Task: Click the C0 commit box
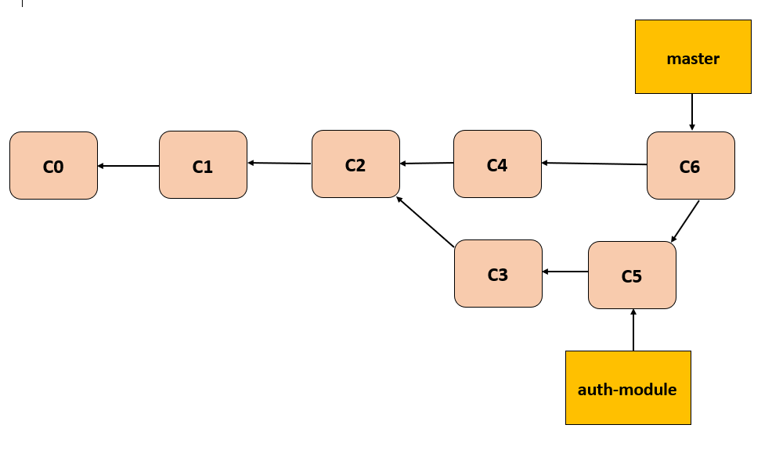pos(53,166)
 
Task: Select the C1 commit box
pos(203,165)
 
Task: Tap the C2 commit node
pos(355,164)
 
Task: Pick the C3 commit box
pos(498,273)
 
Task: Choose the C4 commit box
pos(497,164)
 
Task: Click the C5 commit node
pos(632,275)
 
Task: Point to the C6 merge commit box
pos(690,165)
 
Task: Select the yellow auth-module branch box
pos(628,388)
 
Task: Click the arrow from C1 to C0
pos(128,166)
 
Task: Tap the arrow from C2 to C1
pos(280,163)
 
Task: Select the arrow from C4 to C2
pos(427,164)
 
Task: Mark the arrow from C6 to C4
pos(594,164)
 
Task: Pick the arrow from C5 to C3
pos(565,272)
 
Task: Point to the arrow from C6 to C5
pos(685,221)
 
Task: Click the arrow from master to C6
pos(691,112)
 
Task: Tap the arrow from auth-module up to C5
pos(633,329)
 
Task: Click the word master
pos(693,59)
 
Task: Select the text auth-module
pos(627,389)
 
